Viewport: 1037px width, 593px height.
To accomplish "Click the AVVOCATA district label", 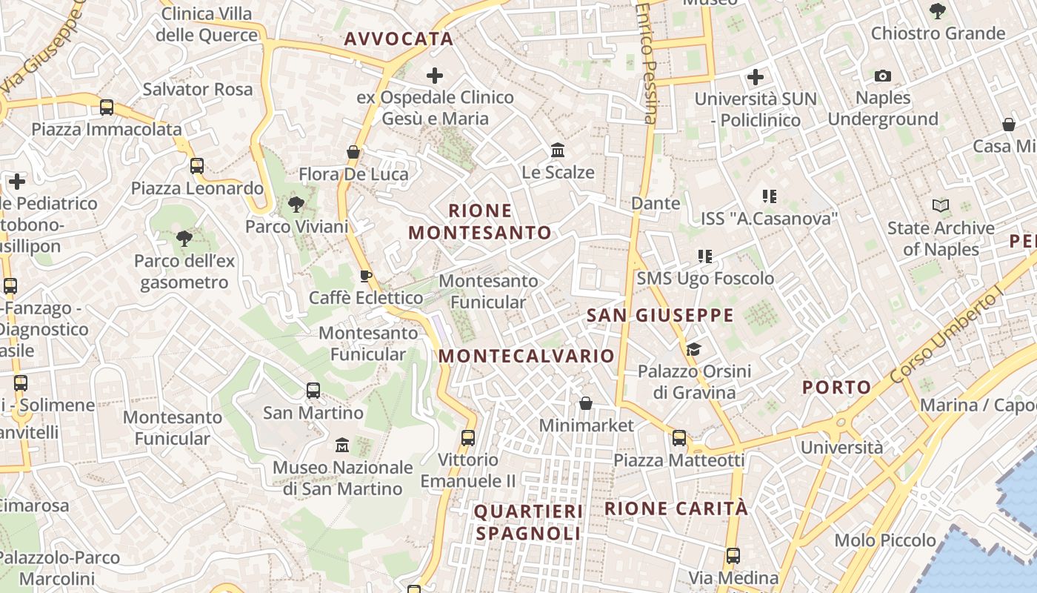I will (399, 39).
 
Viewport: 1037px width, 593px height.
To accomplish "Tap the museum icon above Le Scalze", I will (558, 150).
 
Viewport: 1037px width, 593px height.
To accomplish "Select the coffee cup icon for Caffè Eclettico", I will (365, 276).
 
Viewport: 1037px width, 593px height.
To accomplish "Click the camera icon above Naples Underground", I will (882, 76).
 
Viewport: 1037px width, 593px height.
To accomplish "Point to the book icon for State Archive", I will (940, 205).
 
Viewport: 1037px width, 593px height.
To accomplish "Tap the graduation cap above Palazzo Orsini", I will (693, 349).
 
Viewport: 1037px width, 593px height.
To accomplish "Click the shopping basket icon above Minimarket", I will (586, 403).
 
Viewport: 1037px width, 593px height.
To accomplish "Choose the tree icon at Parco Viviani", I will (296, 205).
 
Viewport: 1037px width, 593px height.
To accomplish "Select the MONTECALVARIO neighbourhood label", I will (527, 356).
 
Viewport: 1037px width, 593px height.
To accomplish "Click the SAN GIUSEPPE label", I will (660, 315).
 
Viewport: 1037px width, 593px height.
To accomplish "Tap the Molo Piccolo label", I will (885, 540).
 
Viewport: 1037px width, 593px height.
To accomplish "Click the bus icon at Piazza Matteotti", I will (679, 438).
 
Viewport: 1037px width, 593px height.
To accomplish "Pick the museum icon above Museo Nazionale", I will (342, 445).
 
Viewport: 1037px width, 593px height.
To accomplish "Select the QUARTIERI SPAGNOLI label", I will (528, 522).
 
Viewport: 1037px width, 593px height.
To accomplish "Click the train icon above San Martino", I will (313, 391).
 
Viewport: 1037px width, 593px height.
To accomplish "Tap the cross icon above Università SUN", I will (756, 76).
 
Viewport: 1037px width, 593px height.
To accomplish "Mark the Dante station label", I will (656, 203).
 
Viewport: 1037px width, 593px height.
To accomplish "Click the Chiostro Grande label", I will (938, 33).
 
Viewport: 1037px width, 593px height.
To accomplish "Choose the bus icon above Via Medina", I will (733, 556).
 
